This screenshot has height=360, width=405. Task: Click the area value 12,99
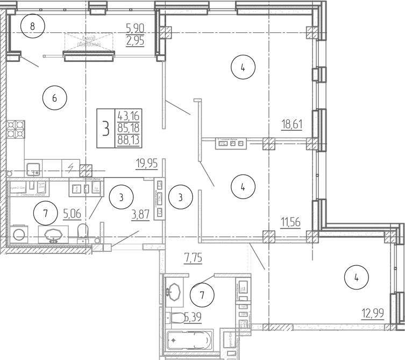373,313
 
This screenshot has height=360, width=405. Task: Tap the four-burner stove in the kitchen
17,130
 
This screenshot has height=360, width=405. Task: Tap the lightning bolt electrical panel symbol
70,166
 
